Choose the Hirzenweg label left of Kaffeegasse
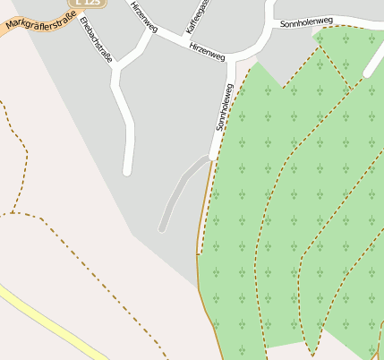click(x=143, y=16)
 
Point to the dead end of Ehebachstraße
click(x=127, y=170)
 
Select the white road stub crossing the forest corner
click(x=374, y=58)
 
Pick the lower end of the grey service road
click(x=162, y=228)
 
